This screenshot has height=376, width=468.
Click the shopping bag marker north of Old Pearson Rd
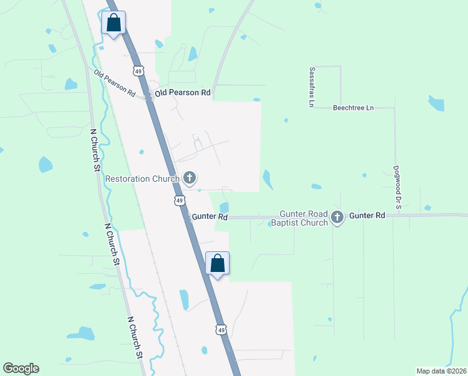[113, 23]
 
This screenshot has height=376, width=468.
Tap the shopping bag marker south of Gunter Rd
[218, 263]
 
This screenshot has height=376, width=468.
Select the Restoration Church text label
[143, 179]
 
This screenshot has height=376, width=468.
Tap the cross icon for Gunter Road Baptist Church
[337, 217]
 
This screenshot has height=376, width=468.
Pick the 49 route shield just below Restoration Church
[179, 201]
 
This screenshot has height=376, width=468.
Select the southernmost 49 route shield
[220, 330]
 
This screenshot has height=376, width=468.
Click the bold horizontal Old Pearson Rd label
[183, 93]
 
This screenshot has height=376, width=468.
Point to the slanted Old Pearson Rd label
[114, 83]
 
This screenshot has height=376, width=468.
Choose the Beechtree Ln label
[353, 108]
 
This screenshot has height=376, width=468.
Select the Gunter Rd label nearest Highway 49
[210, 217]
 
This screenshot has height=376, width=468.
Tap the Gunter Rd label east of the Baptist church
[367, 215]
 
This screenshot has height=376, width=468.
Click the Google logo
[21, 368]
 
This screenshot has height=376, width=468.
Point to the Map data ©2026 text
[441, 371]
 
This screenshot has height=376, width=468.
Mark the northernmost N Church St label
[96, 150]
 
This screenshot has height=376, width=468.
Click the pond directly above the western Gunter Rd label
[224, 207]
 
